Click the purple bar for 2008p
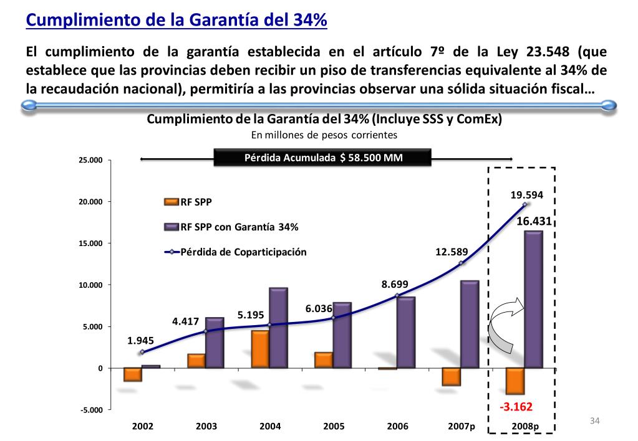(x=533, y=299)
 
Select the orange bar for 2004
(x=260, y=349)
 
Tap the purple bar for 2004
(x=278, y=328)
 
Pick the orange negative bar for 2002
(x=133, y=374)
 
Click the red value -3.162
(x=515, y=408)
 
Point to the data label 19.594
(x=526, y=195)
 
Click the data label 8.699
(x=395, y=285)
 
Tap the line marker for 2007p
(x=461, y=263)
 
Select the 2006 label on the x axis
(x=397, y=427)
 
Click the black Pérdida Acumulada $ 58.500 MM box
(x=323, y=158)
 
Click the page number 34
(x=594, y=422)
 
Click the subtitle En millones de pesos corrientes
(x=324, y=134)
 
